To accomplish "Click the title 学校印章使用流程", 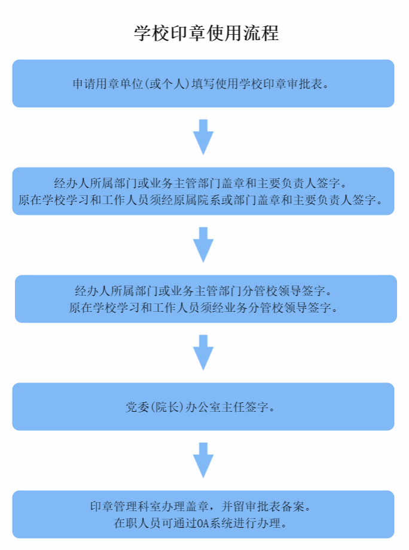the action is (206, 34).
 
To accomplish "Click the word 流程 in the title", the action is (261, 34).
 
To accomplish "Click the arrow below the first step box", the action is (203, 137).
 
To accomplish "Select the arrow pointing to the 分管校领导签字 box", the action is (203, 245).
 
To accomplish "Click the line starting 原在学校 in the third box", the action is (203, 308).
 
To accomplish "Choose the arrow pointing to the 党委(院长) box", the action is (203, 353).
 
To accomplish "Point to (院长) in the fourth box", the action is (167, 407).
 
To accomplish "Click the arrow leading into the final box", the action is (203, 460).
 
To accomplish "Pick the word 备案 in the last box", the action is (292, 506).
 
